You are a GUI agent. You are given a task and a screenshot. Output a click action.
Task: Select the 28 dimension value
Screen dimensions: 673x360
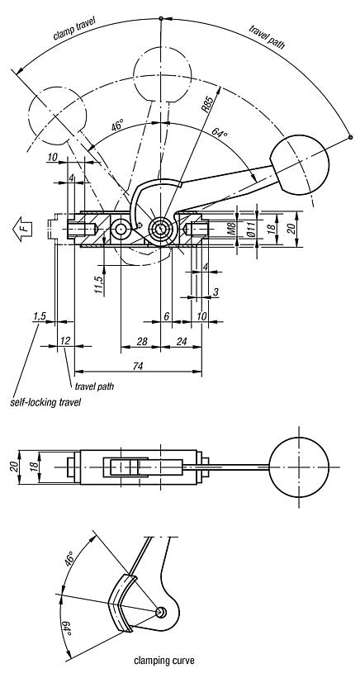click(141, 342)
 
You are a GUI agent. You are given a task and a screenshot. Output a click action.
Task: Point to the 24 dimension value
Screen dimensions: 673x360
click(182, 342)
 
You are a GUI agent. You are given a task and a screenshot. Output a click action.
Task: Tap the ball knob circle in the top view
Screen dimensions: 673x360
click(299, 469)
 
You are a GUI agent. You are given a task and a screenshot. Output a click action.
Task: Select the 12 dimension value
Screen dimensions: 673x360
click(64, 342)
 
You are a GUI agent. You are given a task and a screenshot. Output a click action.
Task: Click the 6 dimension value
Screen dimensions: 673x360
click(166, 316)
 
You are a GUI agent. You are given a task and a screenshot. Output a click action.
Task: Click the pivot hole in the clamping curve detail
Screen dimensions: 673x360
click(161, 611)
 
